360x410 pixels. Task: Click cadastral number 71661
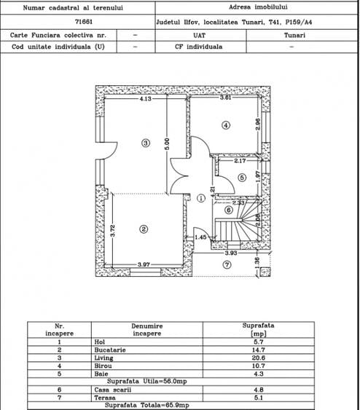(84, 22)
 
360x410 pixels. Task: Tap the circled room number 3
(146, 143)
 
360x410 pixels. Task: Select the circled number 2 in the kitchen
(144, 229)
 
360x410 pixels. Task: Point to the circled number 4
(226, 125)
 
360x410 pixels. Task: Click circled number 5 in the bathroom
(242, 178)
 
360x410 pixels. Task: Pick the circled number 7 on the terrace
(227, 265)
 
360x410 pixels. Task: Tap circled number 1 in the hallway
(201, 198)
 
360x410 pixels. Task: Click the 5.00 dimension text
(167, 144)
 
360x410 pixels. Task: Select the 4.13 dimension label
(146, 98)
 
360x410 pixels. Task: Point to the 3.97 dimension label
(144, 264)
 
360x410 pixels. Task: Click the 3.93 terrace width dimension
(231, 253)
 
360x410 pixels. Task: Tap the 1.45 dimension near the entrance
(200, 237)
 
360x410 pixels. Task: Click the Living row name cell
(104, 358)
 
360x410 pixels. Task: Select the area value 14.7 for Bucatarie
(258, 350)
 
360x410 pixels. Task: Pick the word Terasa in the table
(105, 398)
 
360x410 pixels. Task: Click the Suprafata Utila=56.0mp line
(147, 382)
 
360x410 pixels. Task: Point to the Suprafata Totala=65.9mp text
(146, 406)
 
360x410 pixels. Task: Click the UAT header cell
(200, 35)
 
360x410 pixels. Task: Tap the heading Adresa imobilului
(258, 7)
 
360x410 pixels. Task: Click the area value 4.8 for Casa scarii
(258, 390)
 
